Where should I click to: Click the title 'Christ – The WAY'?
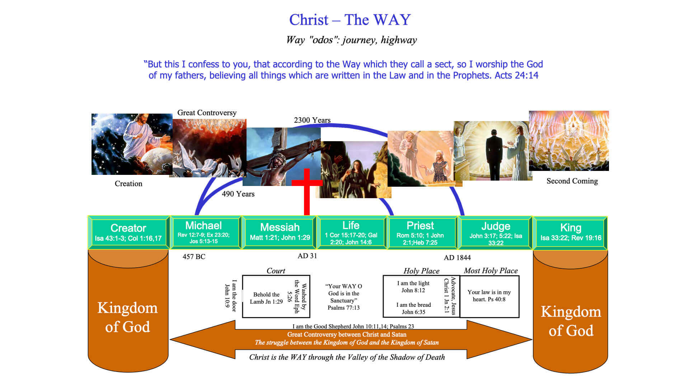click(x=350, y=20)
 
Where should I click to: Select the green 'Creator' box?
click(x=128, y=233)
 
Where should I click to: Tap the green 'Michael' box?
click(x=203, y=232)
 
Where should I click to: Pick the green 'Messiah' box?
click(x=280, y=232)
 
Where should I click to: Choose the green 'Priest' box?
click(x=420, y=233)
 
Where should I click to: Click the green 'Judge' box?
click(x=496, y=233)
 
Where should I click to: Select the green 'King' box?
click(x=571, y=233)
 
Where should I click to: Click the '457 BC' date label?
click(x=194, y=257)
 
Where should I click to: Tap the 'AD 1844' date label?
click(x=457, y=258)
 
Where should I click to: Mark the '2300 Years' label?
click(x=312, y=120)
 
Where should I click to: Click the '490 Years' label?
click(x=238, y=194)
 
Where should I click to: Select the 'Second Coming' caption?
click(x=572, y=181)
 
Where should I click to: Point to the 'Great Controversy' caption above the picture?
click(x=207, y=113)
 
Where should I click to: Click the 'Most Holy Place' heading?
click(x=491, y=271)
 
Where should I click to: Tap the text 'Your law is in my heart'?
click(x=489, y=296)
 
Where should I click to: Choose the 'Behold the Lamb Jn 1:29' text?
click(x=266, y=298)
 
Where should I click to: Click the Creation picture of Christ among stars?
click(x=132, y=144)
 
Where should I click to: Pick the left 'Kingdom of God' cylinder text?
click(x=127, y=317)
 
